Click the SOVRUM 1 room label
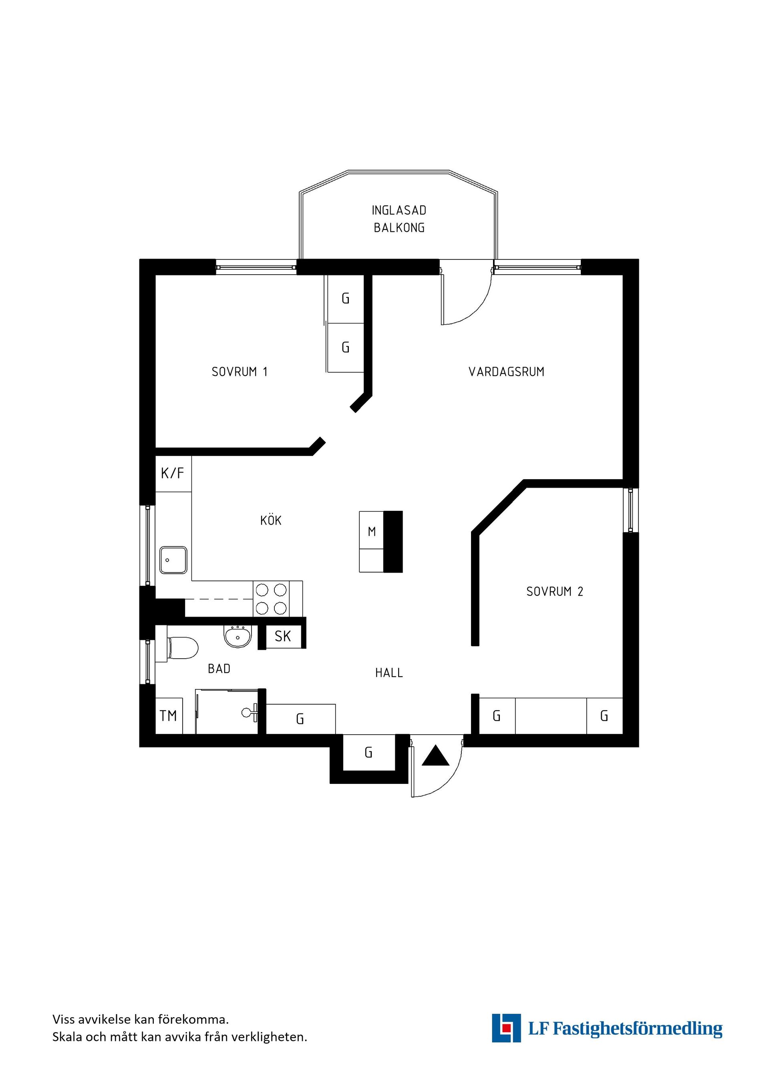click(240, 372)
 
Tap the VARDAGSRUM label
click(506, 372)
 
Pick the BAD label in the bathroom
click(219, 669)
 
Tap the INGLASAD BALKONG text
click(399, 219)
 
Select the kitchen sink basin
click(173, 560)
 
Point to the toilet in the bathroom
click(182, 648)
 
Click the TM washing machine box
click(169, 716)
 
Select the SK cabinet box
click(283, 636)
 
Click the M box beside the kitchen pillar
click(371, 531)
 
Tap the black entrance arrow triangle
click(435, 755)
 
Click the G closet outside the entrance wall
click(368, 752)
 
